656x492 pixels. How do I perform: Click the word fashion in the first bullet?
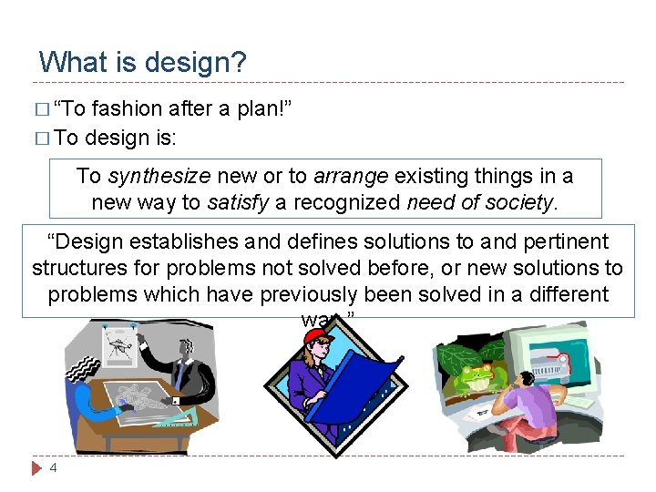coord(128,110)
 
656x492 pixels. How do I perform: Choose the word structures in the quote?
coord(80,268)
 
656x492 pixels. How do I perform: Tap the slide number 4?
coord(53,468)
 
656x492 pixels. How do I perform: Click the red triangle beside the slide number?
coord(36,468)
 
